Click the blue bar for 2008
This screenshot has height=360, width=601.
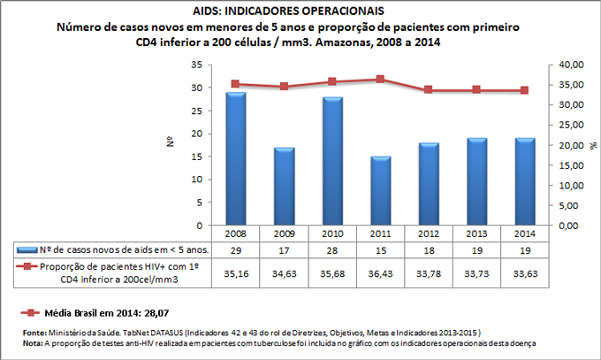click(235, 159)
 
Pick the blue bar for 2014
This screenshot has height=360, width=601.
click(525, 181)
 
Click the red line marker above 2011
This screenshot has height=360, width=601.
click(380, 79)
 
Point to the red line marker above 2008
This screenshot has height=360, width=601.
click(235, 84)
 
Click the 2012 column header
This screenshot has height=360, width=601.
click(429, 234)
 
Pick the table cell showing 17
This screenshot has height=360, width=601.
click(284, 251)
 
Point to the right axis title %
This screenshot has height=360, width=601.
click(593, 144)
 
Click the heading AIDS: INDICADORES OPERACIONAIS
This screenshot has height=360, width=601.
click(300, 11)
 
